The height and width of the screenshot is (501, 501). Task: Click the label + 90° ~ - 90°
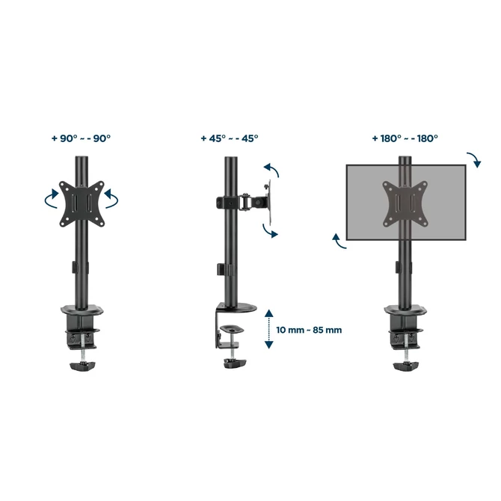(x=81, y=138)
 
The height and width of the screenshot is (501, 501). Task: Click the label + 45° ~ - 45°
(x=229, y=138)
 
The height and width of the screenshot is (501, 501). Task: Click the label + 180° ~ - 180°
(x=405, y=138)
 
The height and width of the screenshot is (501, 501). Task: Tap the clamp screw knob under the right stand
(x=406, y=364)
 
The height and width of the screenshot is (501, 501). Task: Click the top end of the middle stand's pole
(x=230, y=160)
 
